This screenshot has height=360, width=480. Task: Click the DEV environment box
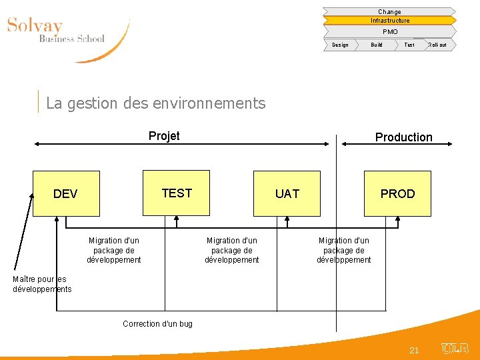pyautogui.click(x=66, y=194)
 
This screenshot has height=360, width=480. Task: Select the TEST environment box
pyautogui.click(x=177, y=193)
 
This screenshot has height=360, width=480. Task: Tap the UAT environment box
pyautogui.click(x=287, y=194)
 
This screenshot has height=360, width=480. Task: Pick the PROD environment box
pyautogui.click(x=397, y=194)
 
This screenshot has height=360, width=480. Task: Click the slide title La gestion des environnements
pyautogui.click(x=156, y=103)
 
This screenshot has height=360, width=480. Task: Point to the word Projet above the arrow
pyautogui.click(x=164, y=136)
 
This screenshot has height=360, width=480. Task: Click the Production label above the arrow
pyautogui.click(x=403, y=137)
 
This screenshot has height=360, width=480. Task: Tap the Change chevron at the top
pyautogui.click(x=389, y=11)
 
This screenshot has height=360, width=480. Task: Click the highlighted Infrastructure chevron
pyautogui.click(x=389, y=21)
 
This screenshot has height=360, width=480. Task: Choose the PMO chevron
pyautogui.click(x=389, y=31)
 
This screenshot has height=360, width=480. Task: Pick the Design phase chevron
pyautogui.click(x=340, y=45)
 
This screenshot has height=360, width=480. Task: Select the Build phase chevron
pyautogui.click(x=377, y=45)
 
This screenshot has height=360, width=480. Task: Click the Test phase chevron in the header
pyautogui.click(x=409, y=45)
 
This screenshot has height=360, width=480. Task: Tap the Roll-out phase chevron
pyautogui.click(x=438, y=45)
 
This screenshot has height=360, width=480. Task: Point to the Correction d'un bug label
pyautogui.click(x=157, y=324)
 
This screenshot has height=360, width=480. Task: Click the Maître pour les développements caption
pyautogui.click(x=41, y=284)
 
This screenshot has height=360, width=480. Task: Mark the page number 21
pyautogui.click(x=414, y=350)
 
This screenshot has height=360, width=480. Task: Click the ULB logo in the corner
pyautogui.click(x=455, y=349)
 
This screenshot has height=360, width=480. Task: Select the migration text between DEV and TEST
pyautogui.click(x=114, y=250)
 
